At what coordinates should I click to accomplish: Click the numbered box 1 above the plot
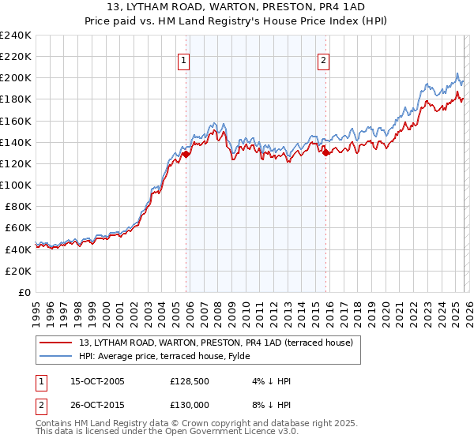coord(183,59)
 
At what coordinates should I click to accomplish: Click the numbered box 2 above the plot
coord(324,59)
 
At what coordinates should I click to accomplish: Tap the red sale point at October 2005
coord(186,155)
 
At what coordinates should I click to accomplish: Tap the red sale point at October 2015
coord(326,153)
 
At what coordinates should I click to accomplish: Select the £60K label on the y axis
coord(18,228)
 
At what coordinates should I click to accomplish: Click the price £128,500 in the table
coord(188,381)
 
